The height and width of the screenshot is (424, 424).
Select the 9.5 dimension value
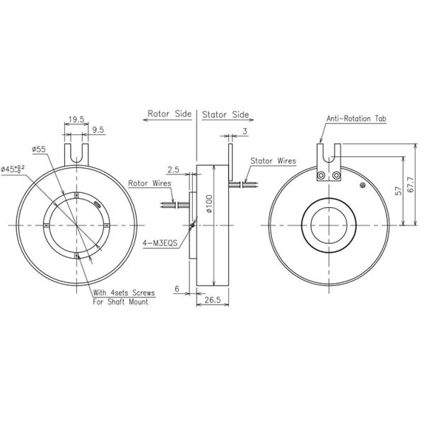[99, 130]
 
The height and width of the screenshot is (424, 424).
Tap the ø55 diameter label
[39, 149]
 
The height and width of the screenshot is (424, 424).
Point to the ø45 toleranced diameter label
[13, 168]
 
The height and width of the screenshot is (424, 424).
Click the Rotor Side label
[170, 113]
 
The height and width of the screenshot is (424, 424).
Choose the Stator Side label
[226, 113]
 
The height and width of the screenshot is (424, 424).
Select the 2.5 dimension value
[173, 170]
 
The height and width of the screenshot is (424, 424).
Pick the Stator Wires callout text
[273, 160]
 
